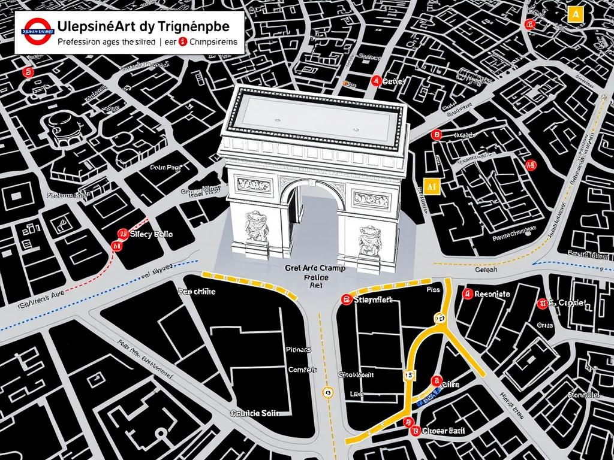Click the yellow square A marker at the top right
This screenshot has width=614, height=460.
pyautogui.click(x=574, y=14)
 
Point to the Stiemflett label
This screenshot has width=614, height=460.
pyautogui.click(x=373, y=299)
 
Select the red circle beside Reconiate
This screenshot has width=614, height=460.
pyautogui.click(x=466, y=294)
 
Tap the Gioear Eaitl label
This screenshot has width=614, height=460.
pyautogui.click(x=443, y=430)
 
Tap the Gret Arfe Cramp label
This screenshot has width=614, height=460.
pyautogui.click(x=316, y=270)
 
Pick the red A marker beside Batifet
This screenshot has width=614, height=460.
pyautogui.click(x=376, y=80)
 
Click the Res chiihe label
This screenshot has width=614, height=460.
pyautogui.click(x=196, y=292)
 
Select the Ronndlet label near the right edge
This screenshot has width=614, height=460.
pyautogui.click(x=583, y=395)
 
